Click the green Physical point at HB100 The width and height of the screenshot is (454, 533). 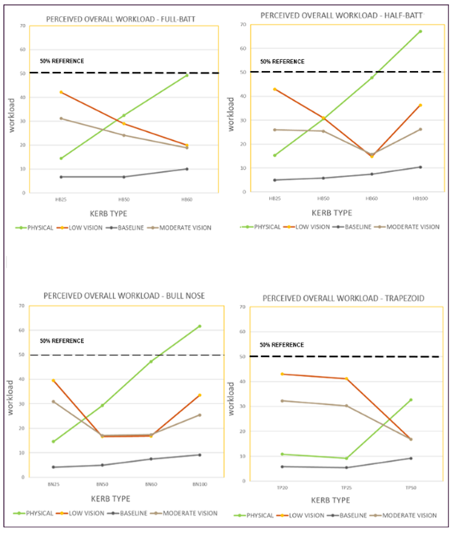(420, 31)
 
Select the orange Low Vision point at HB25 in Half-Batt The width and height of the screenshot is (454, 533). (275, 89)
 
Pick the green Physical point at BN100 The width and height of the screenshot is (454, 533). (199, 326)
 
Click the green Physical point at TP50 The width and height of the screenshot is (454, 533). (411, 399)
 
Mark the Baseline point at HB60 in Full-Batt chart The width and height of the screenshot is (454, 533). (187, 169)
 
